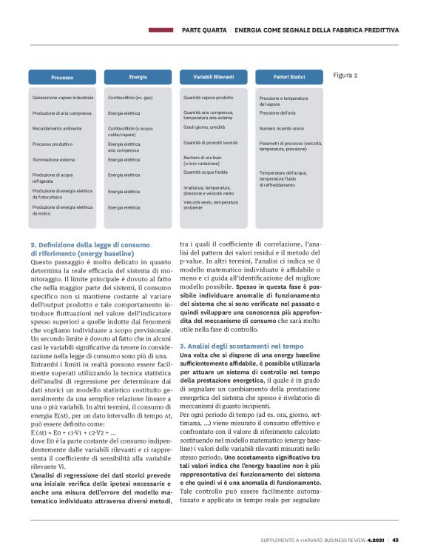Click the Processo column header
[x=62, y=77]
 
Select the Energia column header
[x=138, y=76]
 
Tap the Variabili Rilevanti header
[x=213, y=76]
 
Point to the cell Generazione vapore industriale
[x=63, y=98]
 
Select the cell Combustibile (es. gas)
[x=130, y=98]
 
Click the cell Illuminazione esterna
[x=54, y=160]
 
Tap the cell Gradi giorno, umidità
[x=204, y=127]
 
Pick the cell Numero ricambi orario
[x=282, y=128]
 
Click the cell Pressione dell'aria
[x=277, y=113]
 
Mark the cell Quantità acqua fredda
[x=206, y=172]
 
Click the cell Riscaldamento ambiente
[x=57, y=128]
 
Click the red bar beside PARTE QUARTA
[x=161, y=30]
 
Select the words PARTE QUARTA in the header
[x=205, y=30]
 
